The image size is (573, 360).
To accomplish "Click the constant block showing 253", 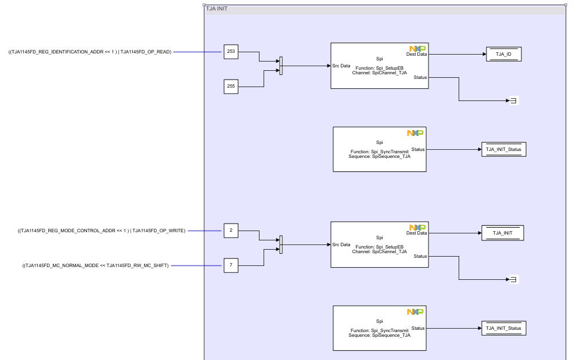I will tap(231, 52).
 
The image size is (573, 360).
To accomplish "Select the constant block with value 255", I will tap(231, 87).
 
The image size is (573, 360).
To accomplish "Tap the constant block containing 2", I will tap(231, 231).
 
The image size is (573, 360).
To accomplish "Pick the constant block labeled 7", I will tap(231, 265).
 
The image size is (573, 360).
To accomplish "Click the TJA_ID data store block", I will tap(503, 54).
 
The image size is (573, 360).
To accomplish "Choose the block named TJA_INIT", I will tap(503, 233).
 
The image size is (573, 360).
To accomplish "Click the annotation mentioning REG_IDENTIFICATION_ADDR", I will tap(90, 52).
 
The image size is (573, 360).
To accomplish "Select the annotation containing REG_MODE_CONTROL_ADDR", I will tap(102, 231).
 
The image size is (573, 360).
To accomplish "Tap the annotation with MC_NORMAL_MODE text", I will tap(96, 265).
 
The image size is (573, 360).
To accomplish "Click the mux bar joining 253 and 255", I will tap(281, 66).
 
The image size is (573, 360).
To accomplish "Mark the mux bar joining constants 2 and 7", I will tap(281, 244).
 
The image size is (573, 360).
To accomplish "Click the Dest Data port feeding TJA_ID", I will tap(416, 54).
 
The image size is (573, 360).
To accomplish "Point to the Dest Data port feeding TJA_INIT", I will tap(416, 233).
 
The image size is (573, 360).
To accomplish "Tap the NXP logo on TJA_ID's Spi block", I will tap(417, 49).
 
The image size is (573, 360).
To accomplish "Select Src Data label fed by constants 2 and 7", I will tap(341, 244).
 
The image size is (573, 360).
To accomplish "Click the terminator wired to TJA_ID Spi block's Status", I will tap(513, 101).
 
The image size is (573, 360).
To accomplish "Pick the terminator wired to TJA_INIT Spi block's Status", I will tap(513, 280).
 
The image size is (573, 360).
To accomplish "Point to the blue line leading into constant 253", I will tap(197, 52).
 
